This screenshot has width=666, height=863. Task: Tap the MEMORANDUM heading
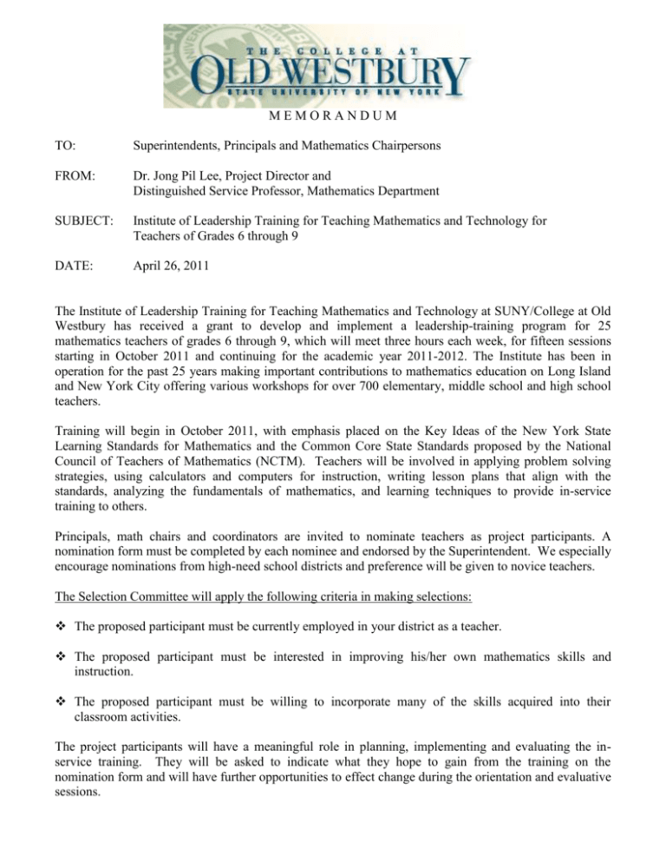[333, 117]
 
